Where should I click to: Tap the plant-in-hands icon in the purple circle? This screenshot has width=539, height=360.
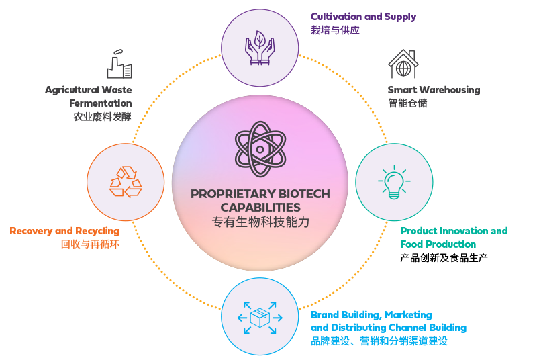click(260, 46)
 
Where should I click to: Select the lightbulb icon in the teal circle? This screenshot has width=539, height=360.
click(394, 182)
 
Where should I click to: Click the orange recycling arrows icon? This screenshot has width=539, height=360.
click(126, 182)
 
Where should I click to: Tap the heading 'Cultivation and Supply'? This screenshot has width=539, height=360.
click(363, 17)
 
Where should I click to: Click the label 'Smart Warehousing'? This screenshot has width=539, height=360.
click(434, 90)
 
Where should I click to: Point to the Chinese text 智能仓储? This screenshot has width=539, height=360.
click(407, 103)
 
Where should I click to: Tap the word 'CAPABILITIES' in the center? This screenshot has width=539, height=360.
click(260, 208)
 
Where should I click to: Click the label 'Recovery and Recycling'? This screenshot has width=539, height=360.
click(64, 231)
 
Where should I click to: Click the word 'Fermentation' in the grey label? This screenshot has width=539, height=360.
click(100, 103)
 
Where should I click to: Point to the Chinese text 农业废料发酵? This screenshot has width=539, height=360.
click(102, 117)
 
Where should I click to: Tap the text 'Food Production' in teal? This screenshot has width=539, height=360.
click(438, 244)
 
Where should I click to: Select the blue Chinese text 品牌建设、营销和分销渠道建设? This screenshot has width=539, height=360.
click(379, 341)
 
